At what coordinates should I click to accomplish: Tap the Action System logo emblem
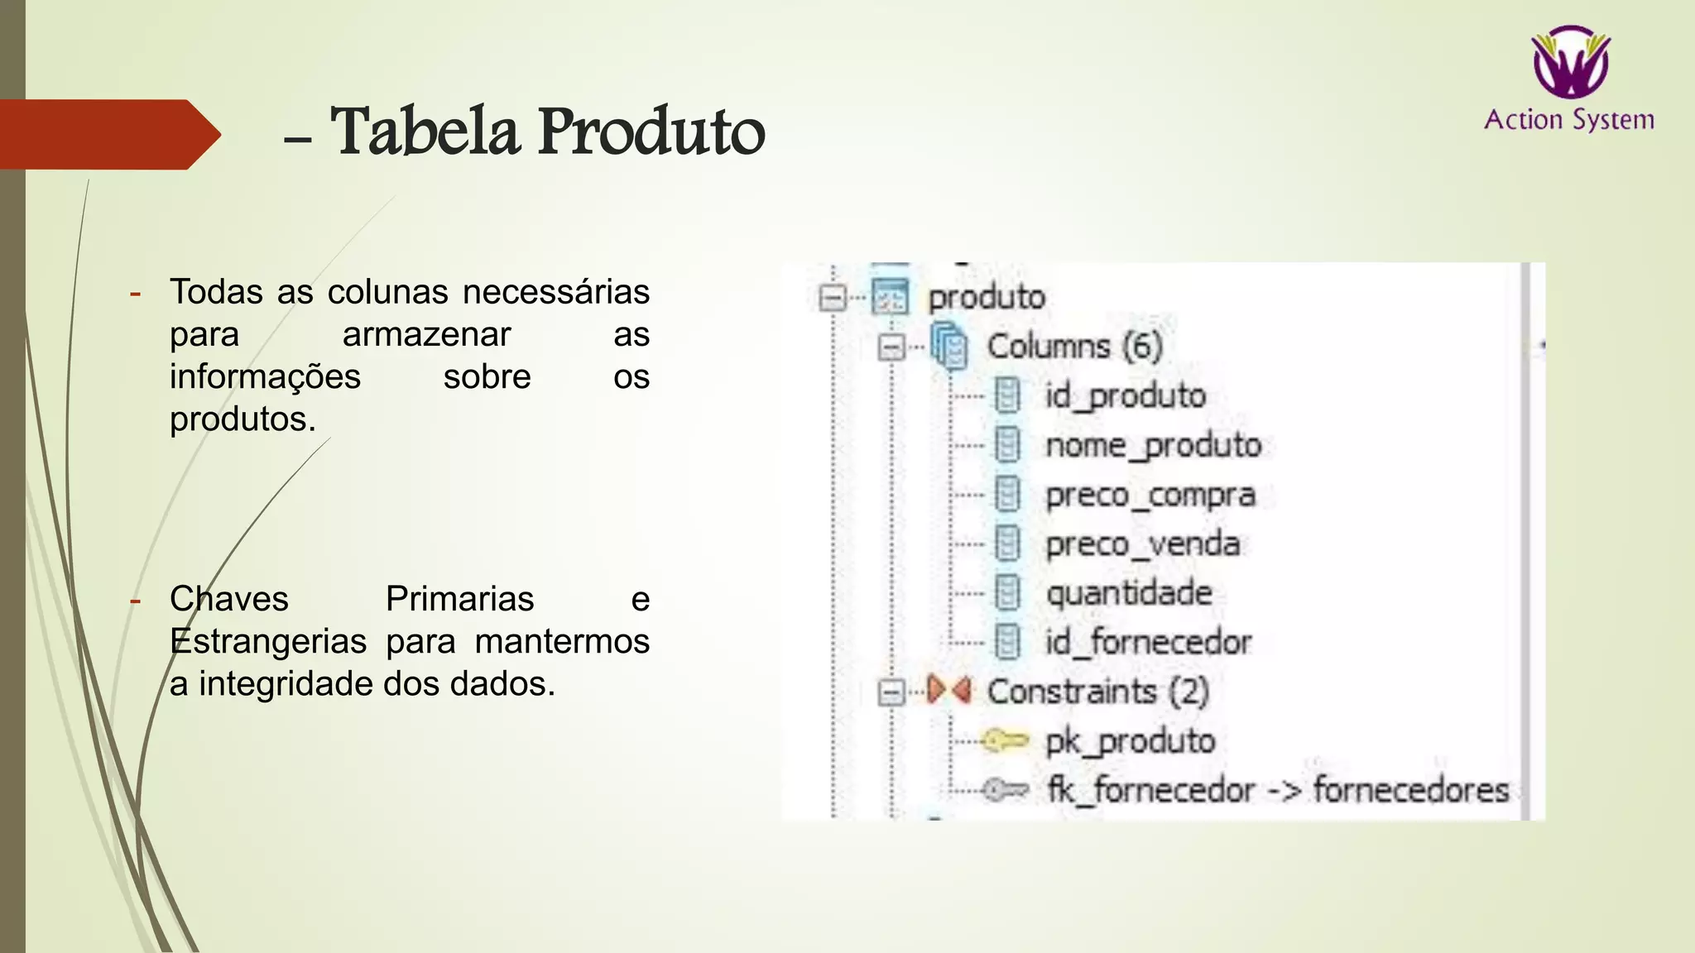pyautogui.click(x=1570, y=62)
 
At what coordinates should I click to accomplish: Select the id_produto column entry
pyautogui.click(x=1125, y=395)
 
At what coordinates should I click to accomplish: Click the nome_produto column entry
pyautogui.click(x=1153, y=445)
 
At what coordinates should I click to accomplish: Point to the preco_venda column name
pyautogui.click(x=1142, y=544)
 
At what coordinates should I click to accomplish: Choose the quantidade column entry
pyautogui.click(x=1129, y=593)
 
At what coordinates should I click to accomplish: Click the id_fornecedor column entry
pyautogui.click(x=1148, y=642)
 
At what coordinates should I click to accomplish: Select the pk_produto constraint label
pyautogui.click(x=1130, y=740)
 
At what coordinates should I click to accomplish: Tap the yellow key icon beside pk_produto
pyautogui.click(x=1005, y=740)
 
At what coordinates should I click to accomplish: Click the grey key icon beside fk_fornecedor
pyautogui.click(x=1006, y=790)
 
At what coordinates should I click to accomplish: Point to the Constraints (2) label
pyautogui.click(x=1097, y=692)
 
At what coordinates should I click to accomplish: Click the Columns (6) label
pyautogui.click(x=1074, y=346)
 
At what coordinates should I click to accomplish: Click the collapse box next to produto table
pyautogui.click(x=833, y=297)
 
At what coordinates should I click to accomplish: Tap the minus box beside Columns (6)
pyautogui.click(x=891, y=347)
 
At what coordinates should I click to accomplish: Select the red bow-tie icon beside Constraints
pyautogui.click(x=948, y=689)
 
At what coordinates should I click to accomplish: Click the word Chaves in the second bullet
pyautogui.click(x=229, y=598)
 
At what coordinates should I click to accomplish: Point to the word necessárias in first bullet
pyautogui.click(x=555, y=292)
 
